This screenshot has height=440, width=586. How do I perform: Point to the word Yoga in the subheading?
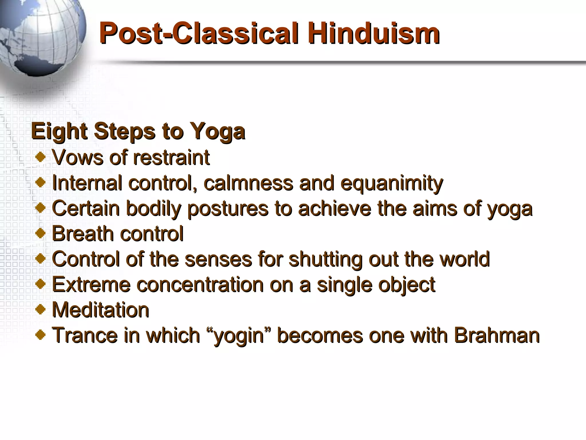(x=217, y=132)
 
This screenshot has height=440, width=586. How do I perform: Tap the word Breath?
(x=82, y=233)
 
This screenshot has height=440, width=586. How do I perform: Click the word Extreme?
(x=91, y=284)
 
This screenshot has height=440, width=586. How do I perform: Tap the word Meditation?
(x=101, y=310)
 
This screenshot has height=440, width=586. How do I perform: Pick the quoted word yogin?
(x=239, y=336)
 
